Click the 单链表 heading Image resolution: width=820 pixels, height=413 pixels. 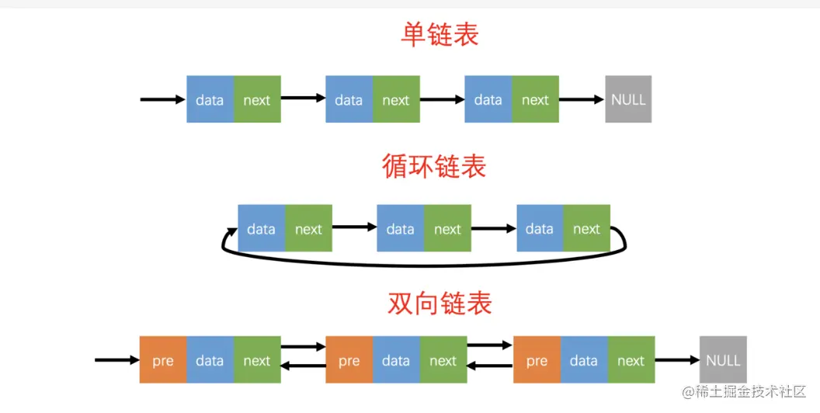tap(440, 34)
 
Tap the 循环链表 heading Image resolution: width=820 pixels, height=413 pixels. tap(434, 166)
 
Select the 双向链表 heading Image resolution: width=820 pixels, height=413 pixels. tap(440, 304)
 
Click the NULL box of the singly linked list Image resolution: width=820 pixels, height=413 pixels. tap(628, 99)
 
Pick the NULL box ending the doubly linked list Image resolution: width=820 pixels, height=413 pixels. tap(723, 360)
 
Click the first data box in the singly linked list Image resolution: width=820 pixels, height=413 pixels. tap(210, 99)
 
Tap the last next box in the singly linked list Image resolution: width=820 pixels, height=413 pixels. tap(535, 99)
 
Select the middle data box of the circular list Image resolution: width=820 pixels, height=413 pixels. tap(400, 229)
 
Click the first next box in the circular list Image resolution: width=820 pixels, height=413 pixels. tap(308, 229)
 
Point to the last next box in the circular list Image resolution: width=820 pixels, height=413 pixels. tap(586, 229)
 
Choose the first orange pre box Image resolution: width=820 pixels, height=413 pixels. tap(163, 360)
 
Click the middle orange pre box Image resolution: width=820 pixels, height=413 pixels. tap(349, 360)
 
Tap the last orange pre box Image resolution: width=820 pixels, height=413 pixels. tap(537, 360)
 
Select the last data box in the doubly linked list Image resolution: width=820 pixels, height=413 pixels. tap(584, 360)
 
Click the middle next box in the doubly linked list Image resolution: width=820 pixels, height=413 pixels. tap(443, 360)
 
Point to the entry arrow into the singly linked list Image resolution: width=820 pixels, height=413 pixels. tap(162, 99)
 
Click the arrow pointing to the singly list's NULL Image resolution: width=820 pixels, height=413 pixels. tap(582, 99)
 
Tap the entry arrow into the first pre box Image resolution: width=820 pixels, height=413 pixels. tap(116, 360)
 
